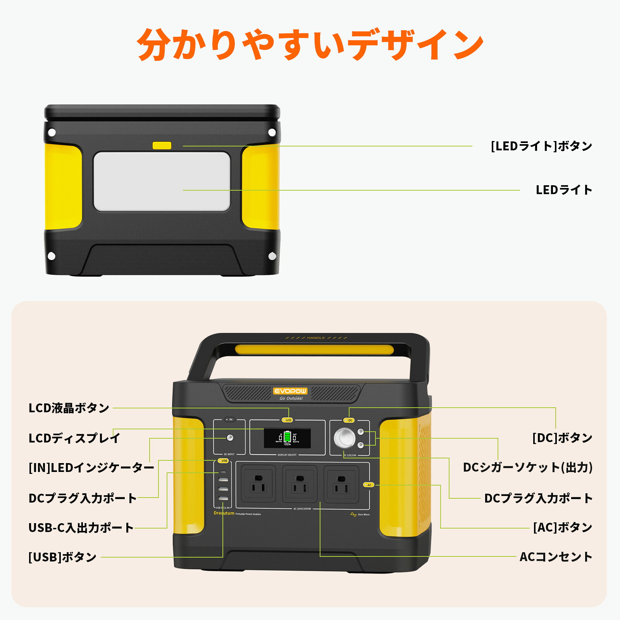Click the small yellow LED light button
pos(162,145)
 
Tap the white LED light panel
pos(162,181)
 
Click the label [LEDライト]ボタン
pos(541,146)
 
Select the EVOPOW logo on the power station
pos(290,391)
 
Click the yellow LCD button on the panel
pos(288,420)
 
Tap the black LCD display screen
pos(287,438)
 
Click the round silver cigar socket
pos(344,438)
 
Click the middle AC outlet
pos(300,484)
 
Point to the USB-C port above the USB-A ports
pos(223,472)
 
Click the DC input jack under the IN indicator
pos(230,438)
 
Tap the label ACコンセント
pos(556,557)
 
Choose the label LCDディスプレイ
pos(74,438)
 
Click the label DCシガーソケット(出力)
pos(527,467)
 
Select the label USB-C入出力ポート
pos(81,528)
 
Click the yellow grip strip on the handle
pos(314,350)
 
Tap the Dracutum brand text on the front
pos(224,513)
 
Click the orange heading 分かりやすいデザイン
pos(310,45)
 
